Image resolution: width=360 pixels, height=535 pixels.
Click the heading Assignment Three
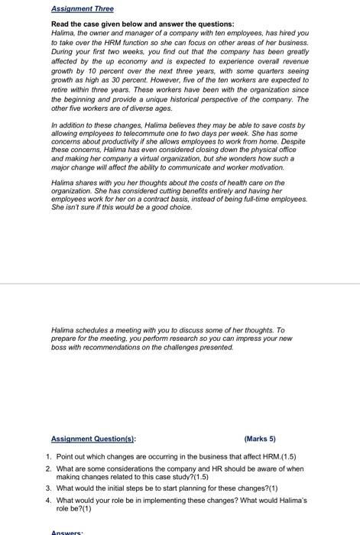pyautogui.click(x=82, y=8)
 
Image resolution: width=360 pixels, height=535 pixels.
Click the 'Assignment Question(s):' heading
pyautogui.click(x=92, y=439)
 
